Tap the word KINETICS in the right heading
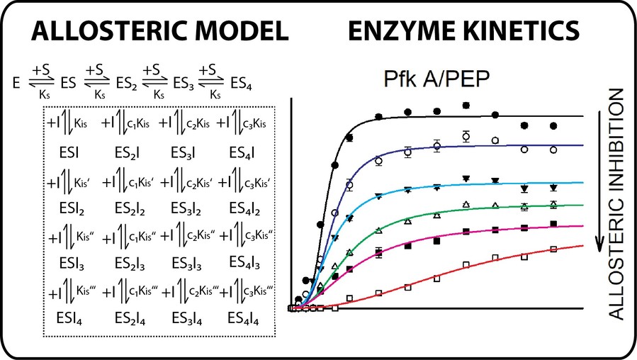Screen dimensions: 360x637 [522, 30]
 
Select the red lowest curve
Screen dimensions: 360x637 [496, 262]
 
